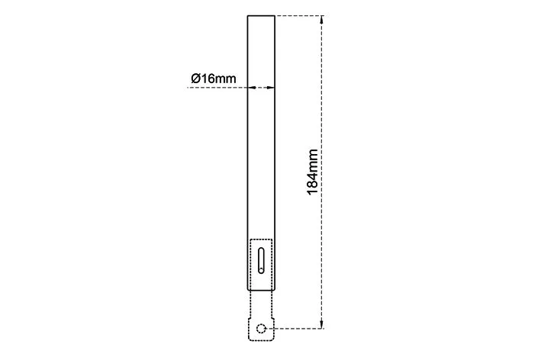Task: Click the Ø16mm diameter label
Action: click(214, 79)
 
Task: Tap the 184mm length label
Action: click(313, 172)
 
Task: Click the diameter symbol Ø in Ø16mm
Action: click(195, 79)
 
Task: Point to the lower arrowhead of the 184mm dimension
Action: click(321, 324)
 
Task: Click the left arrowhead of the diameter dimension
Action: click(251, 88)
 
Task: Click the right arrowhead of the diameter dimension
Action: click(271, 88)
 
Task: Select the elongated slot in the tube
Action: click(261, 261)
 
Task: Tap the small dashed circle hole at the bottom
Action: click(261, 328)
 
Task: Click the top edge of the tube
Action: click(261, 16)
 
